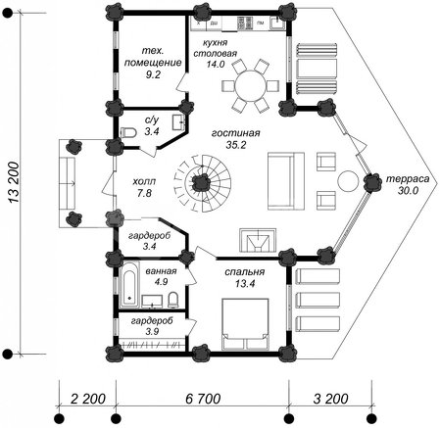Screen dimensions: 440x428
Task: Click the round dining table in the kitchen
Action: click(x=250, y=86)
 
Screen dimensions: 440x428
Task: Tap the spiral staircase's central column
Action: click(x=200, y=182)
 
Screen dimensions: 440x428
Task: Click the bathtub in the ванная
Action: click(x=129, y=284)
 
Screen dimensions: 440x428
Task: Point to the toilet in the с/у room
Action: click(x=128, y=133)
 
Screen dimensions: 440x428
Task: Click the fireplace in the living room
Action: click(x=258, y=240)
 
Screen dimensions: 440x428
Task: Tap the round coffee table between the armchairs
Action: click(x=348, y=181)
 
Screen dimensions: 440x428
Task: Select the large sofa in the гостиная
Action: click(x=286, y=181)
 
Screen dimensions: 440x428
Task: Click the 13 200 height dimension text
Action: click(x=14, y=182)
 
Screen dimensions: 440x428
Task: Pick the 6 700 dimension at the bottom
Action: click(x=203, y=399)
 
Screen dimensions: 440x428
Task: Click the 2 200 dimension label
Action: click(x=88, y=399)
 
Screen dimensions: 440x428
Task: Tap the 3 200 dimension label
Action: click(x=330, y=399)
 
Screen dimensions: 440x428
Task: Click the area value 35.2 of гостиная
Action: click(x=236, y=145)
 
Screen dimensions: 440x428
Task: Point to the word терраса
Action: click(x=408, y=179)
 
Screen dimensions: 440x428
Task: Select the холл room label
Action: click(x=144, y=181)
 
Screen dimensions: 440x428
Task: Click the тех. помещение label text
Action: click(x=153, y=57)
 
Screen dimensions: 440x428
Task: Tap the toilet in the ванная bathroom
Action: click(x=173, y=300)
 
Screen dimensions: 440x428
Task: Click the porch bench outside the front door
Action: click(x=68, y=183)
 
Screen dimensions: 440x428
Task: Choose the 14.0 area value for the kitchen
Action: click(x=216, y=64)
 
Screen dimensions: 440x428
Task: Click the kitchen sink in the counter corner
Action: click(x=277, y=23)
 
